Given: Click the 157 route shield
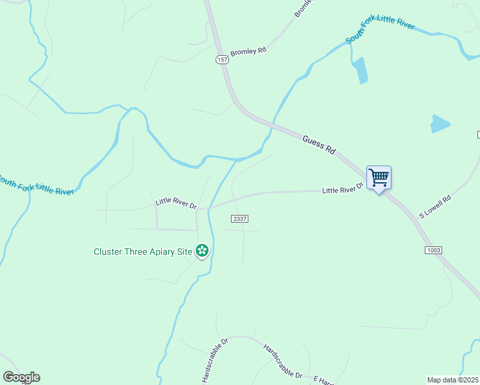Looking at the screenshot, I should tap(222, 60).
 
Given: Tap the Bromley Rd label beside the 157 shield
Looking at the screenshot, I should tap(248, 50).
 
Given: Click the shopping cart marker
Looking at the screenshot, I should tap(379, 177).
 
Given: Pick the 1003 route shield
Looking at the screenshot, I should tap(433, 250).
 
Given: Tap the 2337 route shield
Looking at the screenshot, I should tap(239, 219).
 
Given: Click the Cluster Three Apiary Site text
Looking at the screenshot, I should tap(142, 252).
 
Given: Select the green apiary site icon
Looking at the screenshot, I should tap(202, 251).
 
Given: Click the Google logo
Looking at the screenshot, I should tap(21, 377).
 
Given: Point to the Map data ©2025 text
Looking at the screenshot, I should tap(453, 380).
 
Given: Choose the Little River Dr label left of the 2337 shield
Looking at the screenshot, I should tap(175, 204).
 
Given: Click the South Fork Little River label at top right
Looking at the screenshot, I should tap(380, 31).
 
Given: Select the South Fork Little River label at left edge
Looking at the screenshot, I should tap(37, 184).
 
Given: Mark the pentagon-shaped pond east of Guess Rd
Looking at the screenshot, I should tap(440, 123).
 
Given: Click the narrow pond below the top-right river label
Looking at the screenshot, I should tap(360, 71).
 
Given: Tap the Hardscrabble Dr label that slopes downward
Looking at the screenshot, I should tap(282, 359).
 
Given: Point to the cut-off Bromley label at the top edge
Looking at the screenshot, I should tap(302, 8).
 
